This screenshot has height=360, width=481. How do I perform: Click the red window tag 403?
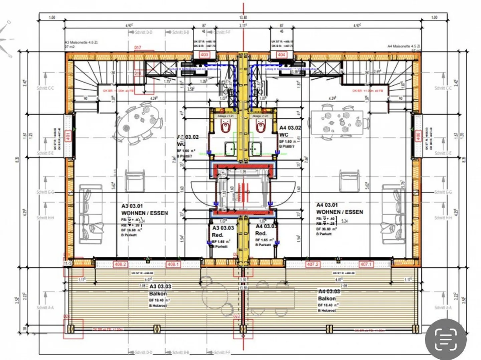click(x=204, y=54)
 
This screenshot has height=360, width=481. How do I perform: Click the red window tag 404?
click(x=281, y=54)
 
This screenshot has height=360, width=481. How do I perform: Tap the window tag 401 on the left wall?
click(x=68, y=136)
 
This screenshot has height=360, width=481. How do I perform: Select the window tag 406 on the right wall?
click(x=418, y=136)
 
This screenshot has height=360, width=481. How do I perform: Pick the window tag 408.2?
click(x=120, y=264)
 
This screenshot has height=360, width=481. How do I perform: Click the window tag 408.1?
click(x=173, y=264)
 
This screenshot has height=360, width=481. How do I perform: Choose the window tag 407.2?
click(x=313, y=264)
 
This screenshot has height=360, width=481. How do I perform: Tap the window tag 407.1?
click(x=365, y=264)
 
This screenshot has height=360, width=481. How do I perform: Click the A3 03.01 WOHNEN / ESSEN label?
click(x=144, y=210)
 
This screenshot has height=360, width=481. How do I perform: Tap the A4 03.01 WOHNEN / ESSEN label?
click(x=339, y=209)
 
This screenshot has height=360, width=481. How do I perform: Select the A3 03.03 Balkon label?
click(x=160, y=290)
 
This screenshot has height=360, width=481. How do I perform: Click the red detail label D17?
click(x=138, y=48)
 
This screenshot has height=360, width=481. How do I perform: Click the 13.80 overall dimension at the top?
click(x=243, y=17)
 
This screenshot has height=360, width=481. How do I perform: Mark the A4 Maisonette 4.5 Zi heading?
click(x=404, y=46)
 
